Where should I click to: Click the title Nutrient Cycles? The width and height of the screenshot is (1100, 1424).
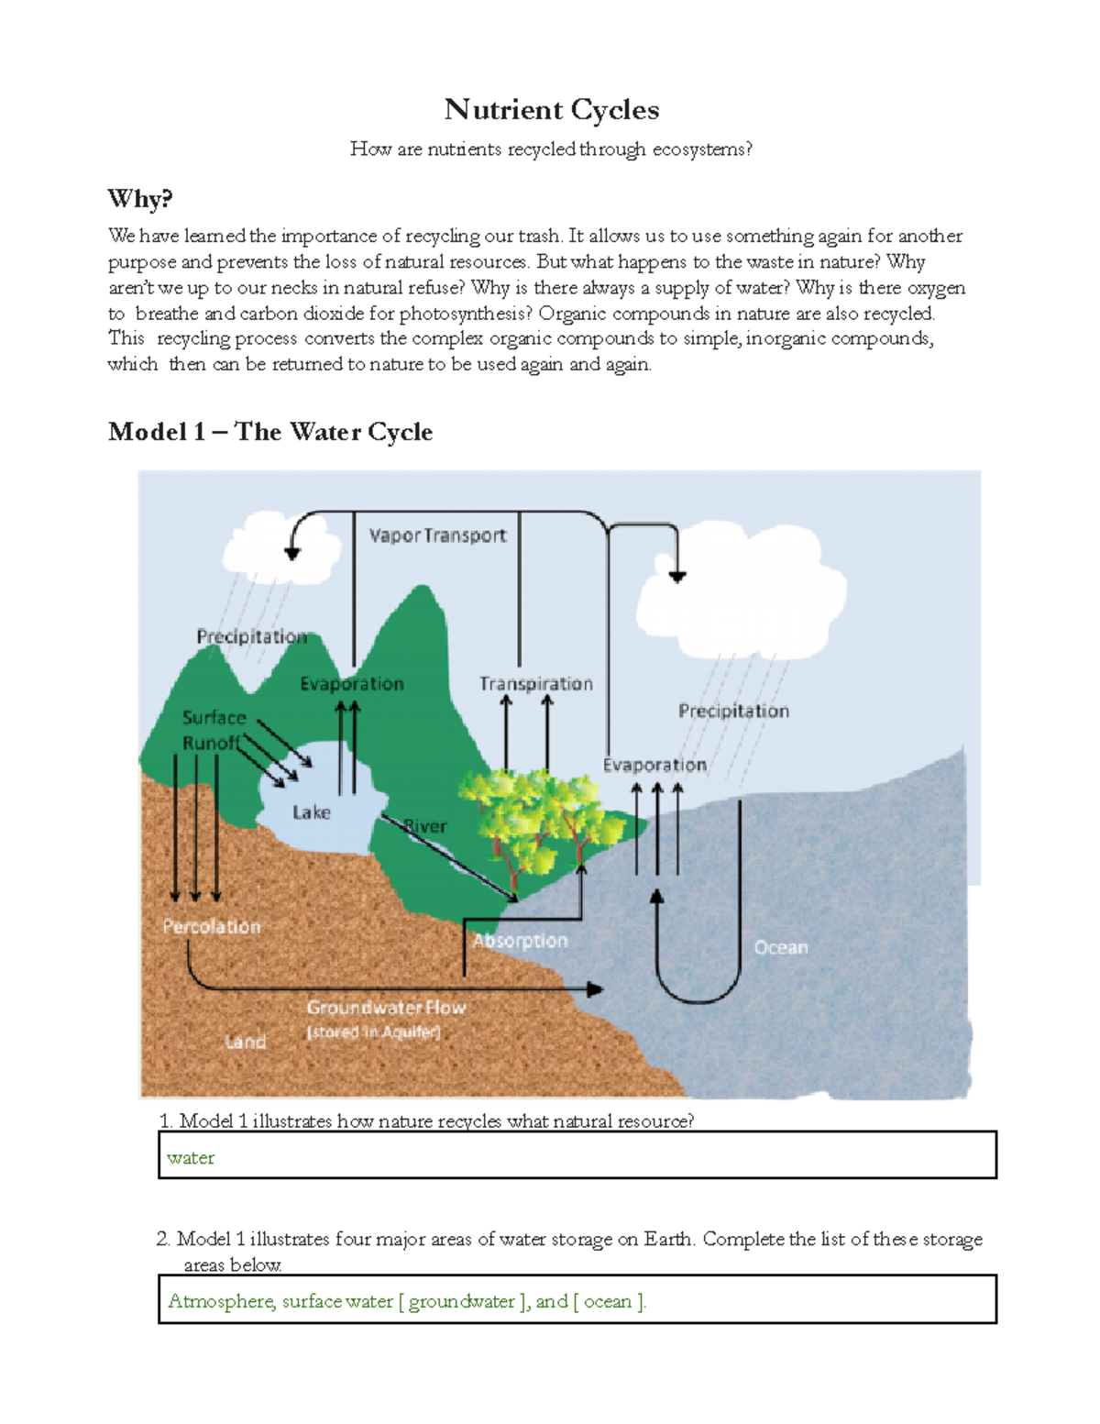[x=551, y=110]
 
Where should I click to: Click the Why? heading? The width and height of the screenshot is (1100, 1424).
[x=139, y=198]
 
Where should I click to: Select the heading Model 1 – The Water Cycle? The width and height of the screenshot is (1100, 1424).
[x=269, y=432]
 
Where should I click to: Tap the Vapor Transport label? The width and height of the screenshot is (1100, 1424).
[x=437, y=535]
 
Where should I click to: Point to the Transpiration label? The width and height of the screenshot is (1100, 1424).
[x=535, y=684]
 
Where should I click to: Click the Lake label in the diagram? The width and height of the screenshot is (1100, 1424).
[x=311, y=812]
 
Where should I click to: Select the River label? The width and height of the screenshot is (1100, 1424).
[x=426, y=826]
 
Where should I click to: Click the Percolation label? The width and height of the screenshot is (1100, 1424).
[x=212, y=927]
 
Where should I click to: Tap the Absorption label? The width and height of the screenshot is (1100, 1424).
[x=520, y=941]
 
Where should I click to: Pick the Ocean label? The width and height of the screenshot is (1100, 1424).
[x=781, y=947]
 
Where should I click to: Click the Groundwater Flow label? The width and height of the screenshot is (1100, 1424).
[x=386, y=1008]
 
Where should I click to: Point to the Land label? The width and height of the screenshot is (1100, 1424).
[x=245, y=1042]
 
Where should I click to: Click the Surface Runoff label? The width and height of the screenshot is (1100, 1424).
[x=213, y=730]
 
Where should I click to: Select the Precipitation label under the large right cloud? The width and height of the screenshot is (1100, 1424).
[x=733, y=711]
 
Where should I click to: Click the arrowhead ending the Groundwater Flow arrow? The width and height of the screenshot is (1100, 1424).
[x=596, y=989]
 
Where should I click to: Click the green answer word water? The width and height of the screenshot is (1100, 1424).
[x=191, y=1158]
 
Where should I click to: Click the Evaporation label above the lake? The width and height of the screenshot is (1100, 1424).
[x=352, y=684]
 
